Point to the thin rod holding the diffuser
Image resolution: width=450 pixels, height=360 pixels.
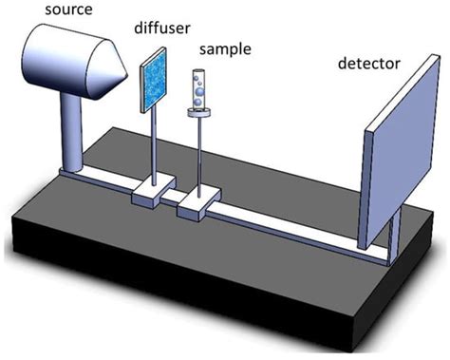click(154, 142)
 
